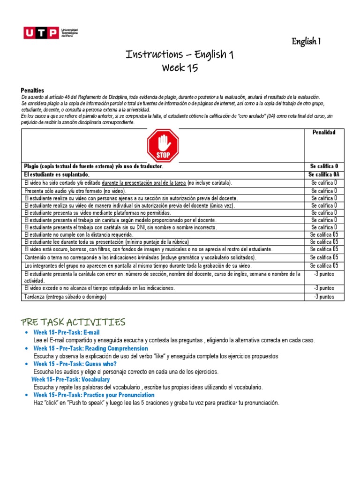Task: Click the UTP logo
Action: point(51,33)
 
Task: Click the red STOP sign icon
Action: point(163,146)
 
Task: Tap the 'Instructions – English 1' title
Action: point(180,55)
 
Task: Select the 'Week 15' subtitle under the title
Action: point(180,68)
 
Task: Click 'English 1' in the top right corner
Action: point(306,42)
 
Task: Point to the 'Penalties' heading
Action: point(32,90)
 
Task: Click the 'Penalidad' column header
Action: point(324,133)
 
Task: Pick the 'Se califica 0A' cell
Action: point(324,174)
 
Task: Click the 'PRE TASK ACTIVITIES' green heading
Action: point(73,322)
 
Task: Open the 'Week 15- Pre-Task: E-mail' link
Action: point(67,332)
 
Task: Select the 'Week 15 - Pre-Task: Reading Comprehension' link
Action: point(90,349)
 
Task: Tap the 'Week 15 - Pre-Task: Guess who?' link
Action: point(75,364)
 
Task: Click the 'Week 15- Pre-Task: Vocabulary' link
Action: point(71,379)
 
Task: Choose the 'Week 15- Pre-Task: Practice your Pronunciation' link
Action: point(94,395)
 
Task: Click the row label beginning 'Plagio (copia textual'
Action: point(93,167)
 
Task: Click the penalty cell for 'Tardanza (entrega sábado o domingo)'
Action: point(324,297)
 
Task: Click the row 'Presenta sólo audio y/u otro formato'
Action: point(75,191)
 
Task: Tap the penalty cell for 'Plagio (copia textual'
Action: point(324,167)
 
